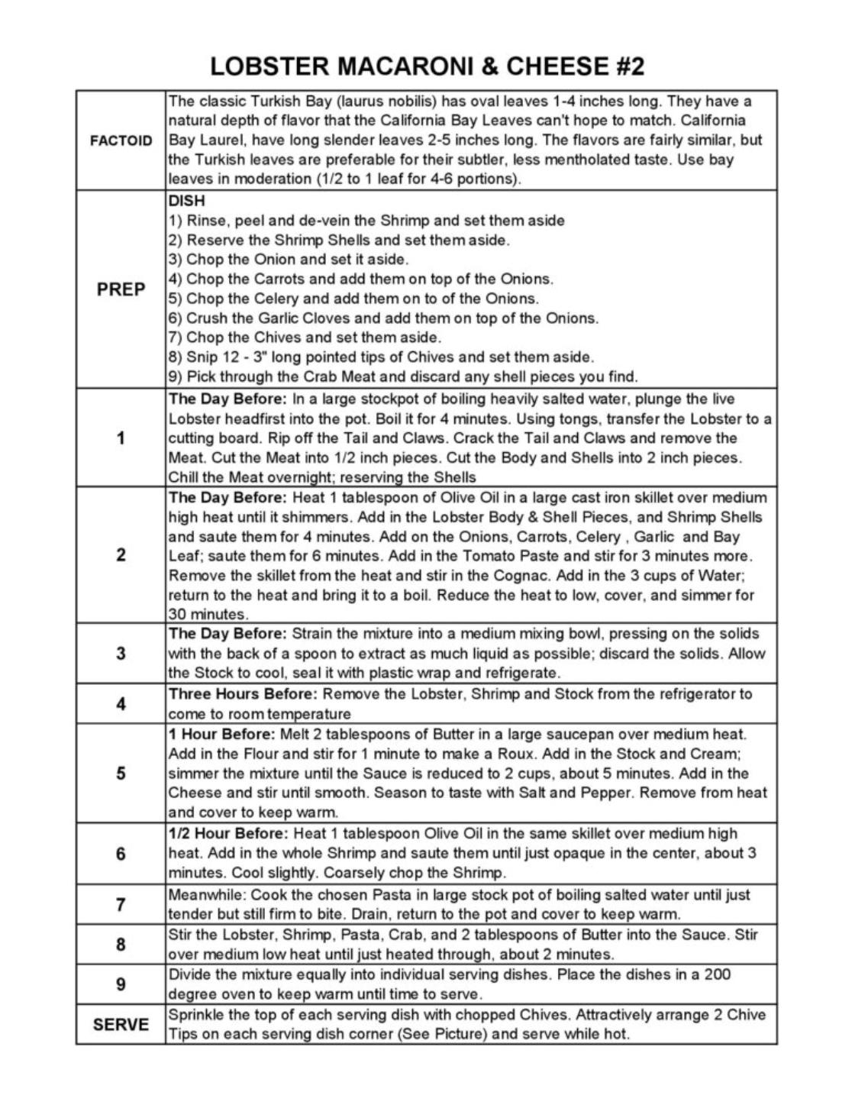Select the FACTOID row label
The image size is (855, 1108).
121,141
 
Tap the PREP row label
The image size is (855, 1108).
121,289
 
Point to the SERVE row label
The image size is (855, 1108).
121,1025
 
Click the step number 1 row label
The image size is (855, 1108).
121,438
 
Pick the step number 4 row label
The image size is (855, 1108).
121,703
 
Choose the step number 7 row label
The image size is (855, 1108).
121,905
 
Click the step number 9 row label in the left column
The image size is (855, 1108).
121,984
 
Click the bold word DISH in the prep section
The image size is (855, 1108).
186,202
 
